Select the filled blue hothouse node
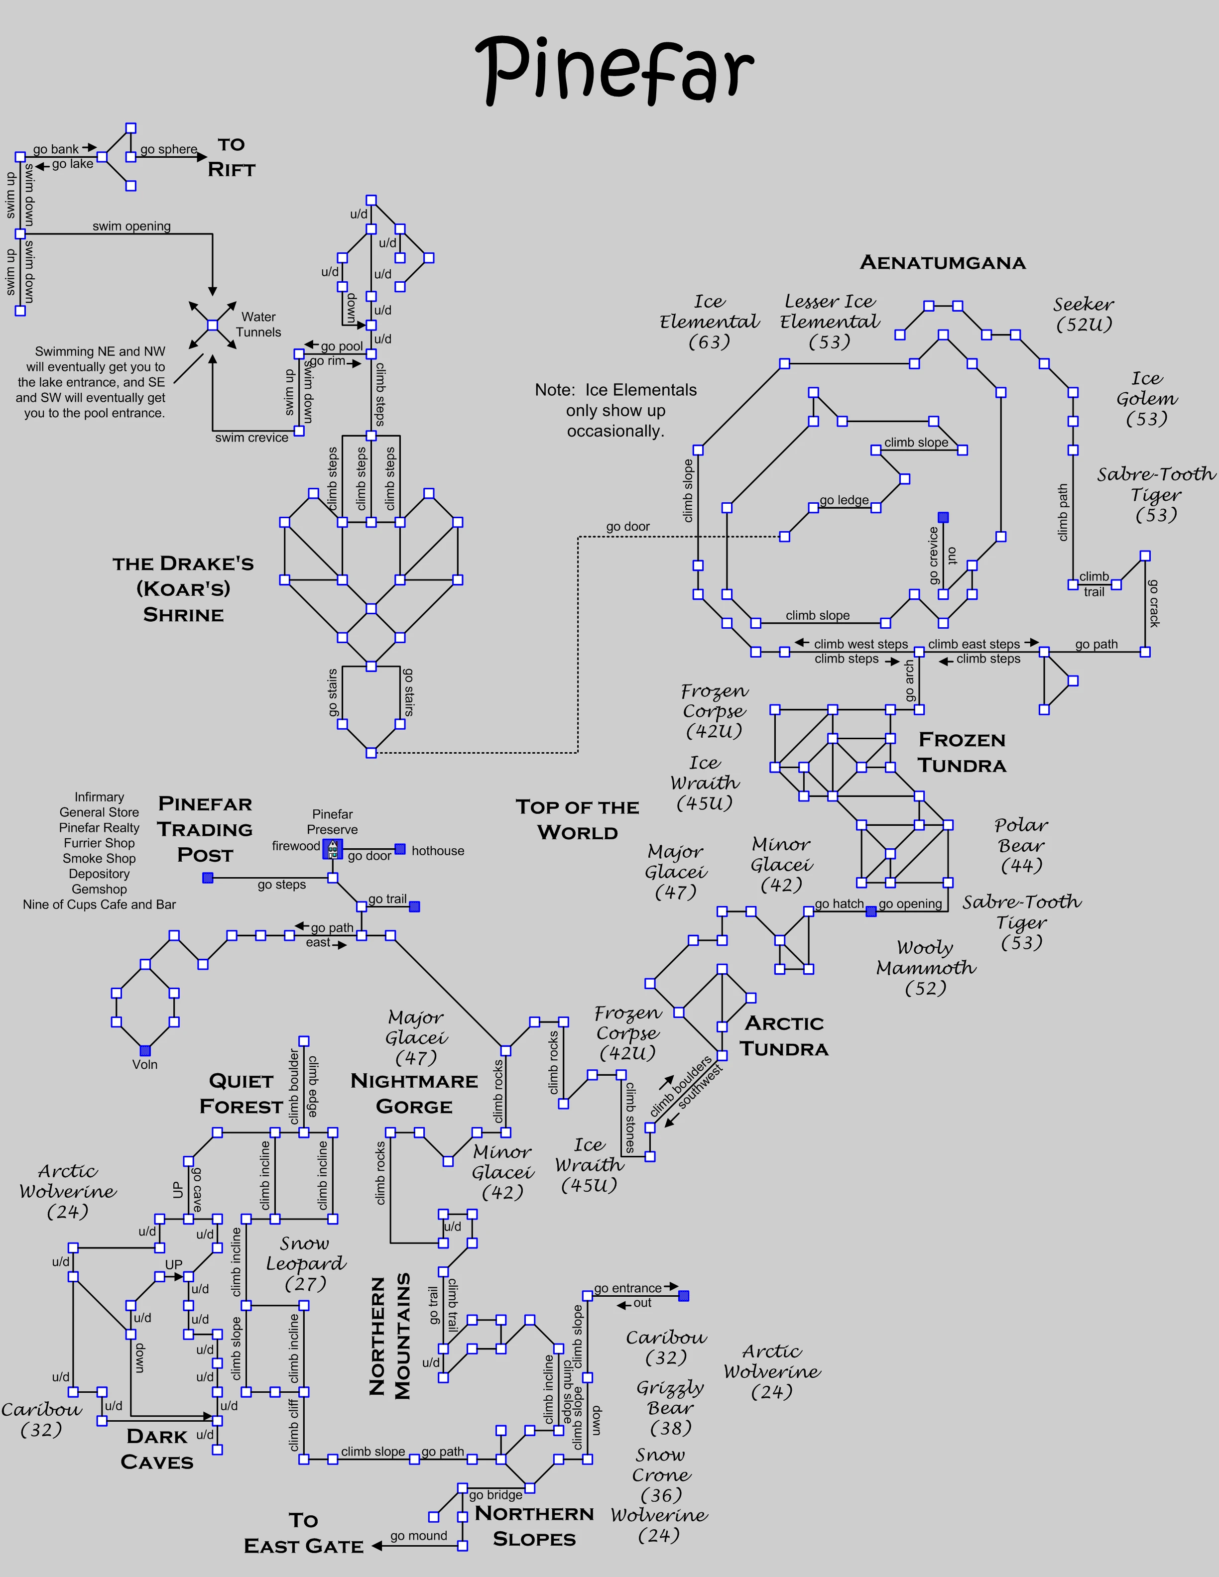tap(400, 849)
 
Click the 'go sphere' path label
tap(168, 149)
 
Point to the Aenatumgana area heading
tap(943, 263)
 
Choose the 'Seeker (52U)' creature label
tap(1083, 314)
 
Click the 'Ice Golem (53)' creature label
tap(1146, 399)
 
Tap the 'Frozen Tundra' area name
tap(962, 752)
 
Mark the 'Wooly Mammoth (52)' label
tap(926, 968)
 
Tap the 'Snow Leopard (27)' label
tap(305, 1263)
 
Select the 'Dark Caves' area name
tap(157, 1449)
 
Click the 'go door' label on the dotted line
tap(627, 526)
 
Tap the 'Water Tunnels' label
tap(258, 324)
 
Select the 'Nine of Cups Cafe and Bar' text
tap(99, 904)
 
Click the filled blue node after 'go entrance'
tap(684, 1296)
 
